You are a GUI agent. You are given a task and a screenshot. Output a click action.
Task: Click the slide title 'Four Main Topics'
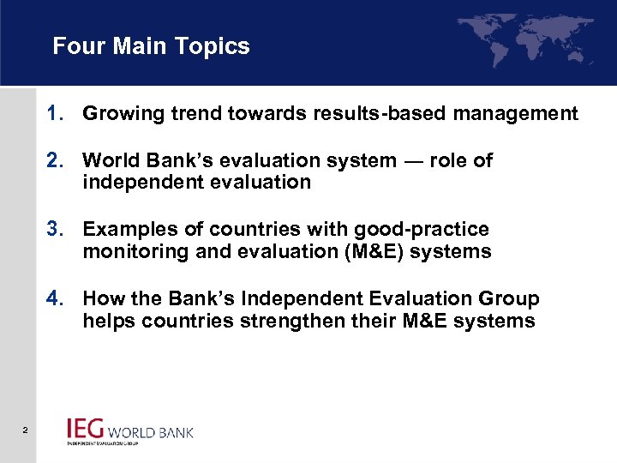pyautogui.click(x=151, y=46)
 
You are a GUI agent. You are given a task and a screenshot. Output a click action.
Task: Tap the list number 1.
pyautogui.click(x=56, y=113)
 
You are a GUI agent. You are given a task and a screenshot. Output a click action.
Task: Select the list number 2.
pyautogui.click(x=56, y=160)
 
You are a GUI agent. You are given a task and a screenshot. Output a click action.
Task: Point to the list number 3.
pyautogui.click(x=56, y=230)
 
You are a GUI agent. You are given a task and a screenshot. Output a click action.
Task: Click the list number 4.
pyautogui.click(x=56, y=299)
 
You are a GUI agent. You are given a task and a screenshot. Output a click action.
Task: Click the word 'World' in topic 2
pyautogui.click(x=110, y=160)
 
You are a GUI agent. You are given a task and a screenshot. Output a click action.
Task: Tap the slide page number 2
pyautogui.click(x=26, y=430)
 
